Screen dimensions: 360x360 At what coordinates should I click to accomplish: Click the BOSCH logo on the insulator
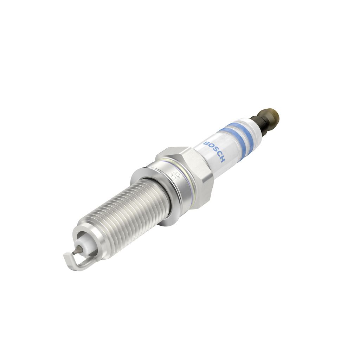tap(214, 152)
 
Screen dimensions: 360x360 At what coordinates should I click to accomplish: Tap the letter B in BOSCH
tap(205, 143)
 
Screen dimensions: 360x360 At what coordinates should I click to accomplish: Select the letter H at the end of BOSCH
tap(223, 160)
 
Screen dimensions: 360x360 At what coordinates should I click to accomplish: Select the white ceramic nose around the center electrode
tap(83, 246)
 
